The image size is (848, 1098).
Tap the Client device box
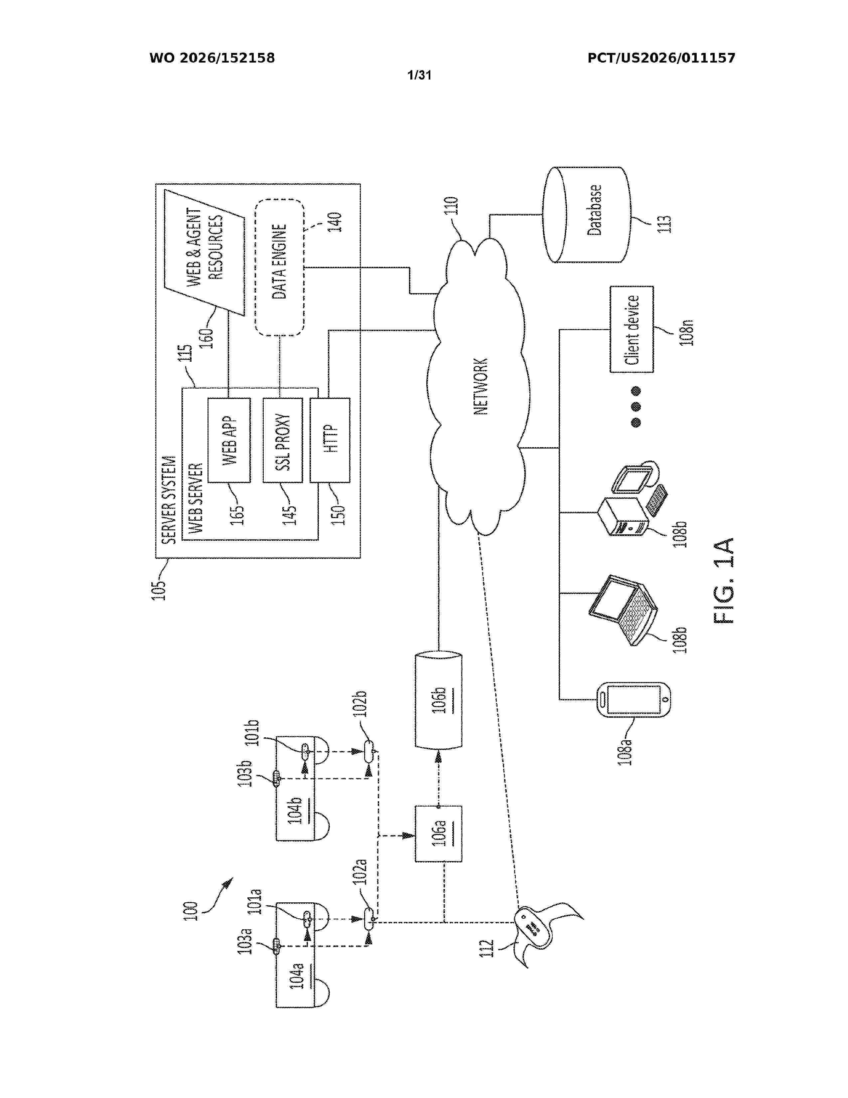tap(632, 329)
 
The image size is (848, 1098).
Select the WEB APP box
tap(229, 440)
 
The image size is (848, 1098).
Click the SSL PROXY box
tap(283, 440)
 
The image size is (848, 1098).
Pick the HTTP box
tap(330, 440)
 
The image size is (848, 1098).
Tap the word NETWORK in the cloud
tap(481, 386)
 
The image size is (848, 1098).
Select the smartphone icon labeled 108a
tap(634, 699)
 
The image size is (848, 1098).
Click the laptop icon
tap(623, 610)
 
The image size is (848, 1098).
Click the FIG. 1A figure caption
tap(724, 581)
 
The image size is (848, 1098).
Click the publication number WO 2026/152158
tap(212, 58)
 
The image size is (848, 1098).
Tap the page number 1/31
tap(419, 76)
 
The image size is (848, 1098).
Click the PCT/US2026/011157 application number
tap(661, 58)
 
